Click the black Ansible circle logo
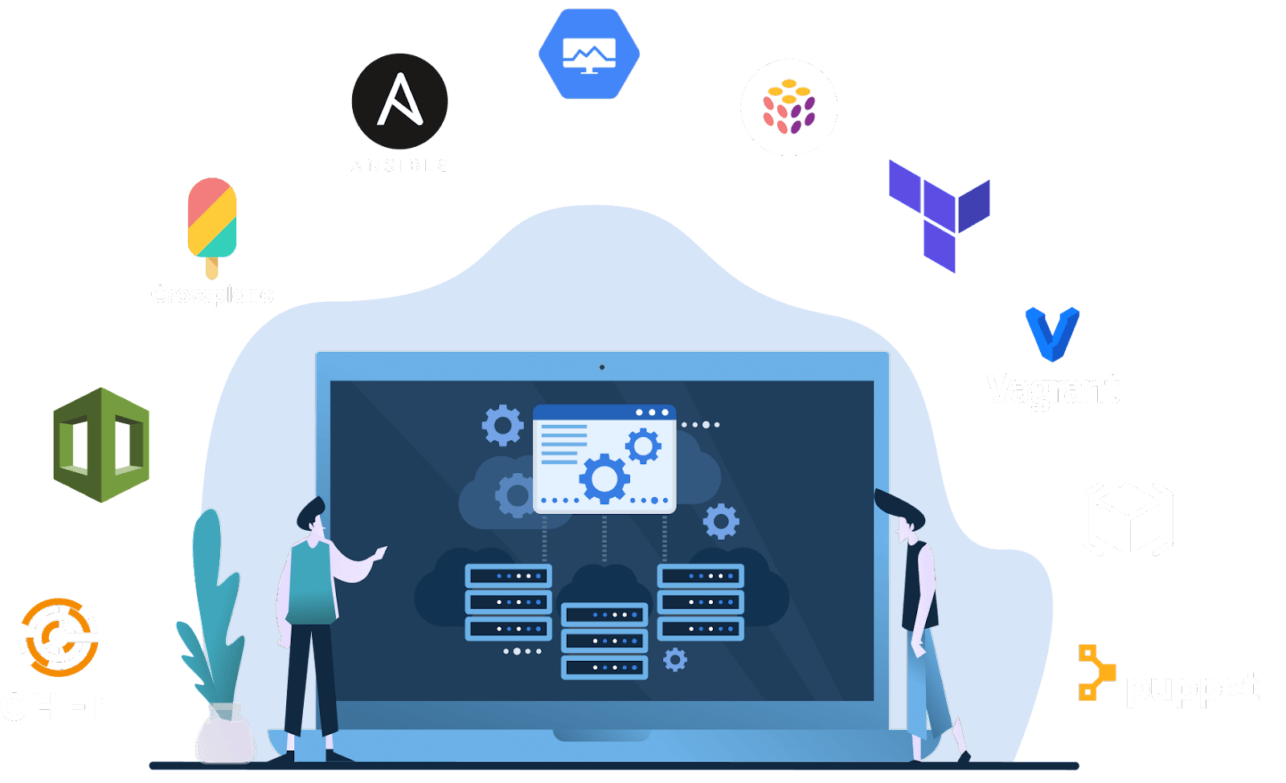(399, 101)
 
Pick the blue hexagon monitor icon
(589, 54)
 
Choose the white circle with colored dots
(788, 107)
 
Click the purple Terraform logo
(939, 213)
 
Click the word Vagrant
(1053, 389)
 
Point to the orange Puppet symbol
(1095, 672)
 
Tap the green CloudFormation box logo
(101, 445)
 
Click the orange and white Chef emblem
(59, 637)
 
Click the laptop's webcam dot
(602, 367)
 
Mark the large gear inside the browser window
(604, 479)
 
